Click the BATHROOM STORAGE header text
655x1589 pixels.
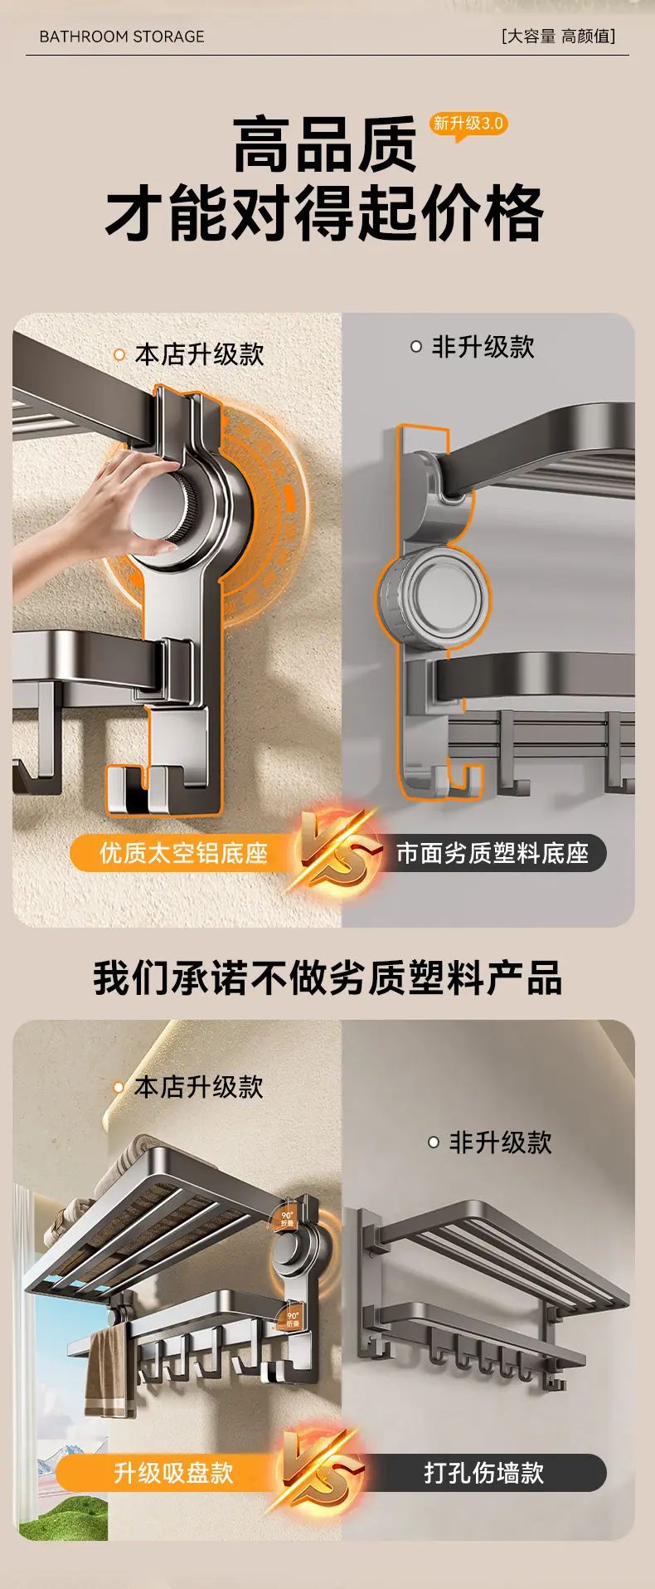click(x=122, y=37)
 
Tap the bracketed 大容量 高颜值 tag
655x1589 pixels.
click(x=558, y=37)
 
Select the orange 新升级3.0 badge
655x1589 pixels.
click(x=468, y=124)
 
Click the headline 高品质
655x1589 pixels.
click(x=324, y=145)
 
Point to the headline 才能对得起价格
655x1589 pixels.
click(x=324, y=213)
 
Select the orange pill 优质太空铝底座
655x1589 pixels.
click(x=182, y=853)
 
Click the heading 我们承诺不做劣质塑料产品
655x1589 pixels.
click(x=327, y=977)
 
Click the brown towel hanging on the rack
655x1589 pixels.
click(x=107, y=1370)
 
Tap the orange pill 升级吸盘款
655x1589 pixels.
click(x=173, y=1473)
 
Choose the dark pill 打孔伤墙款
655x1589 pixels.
click(x=484, y=1473)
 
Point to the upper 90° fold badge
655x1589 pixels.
click(x=287, y=1218)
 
